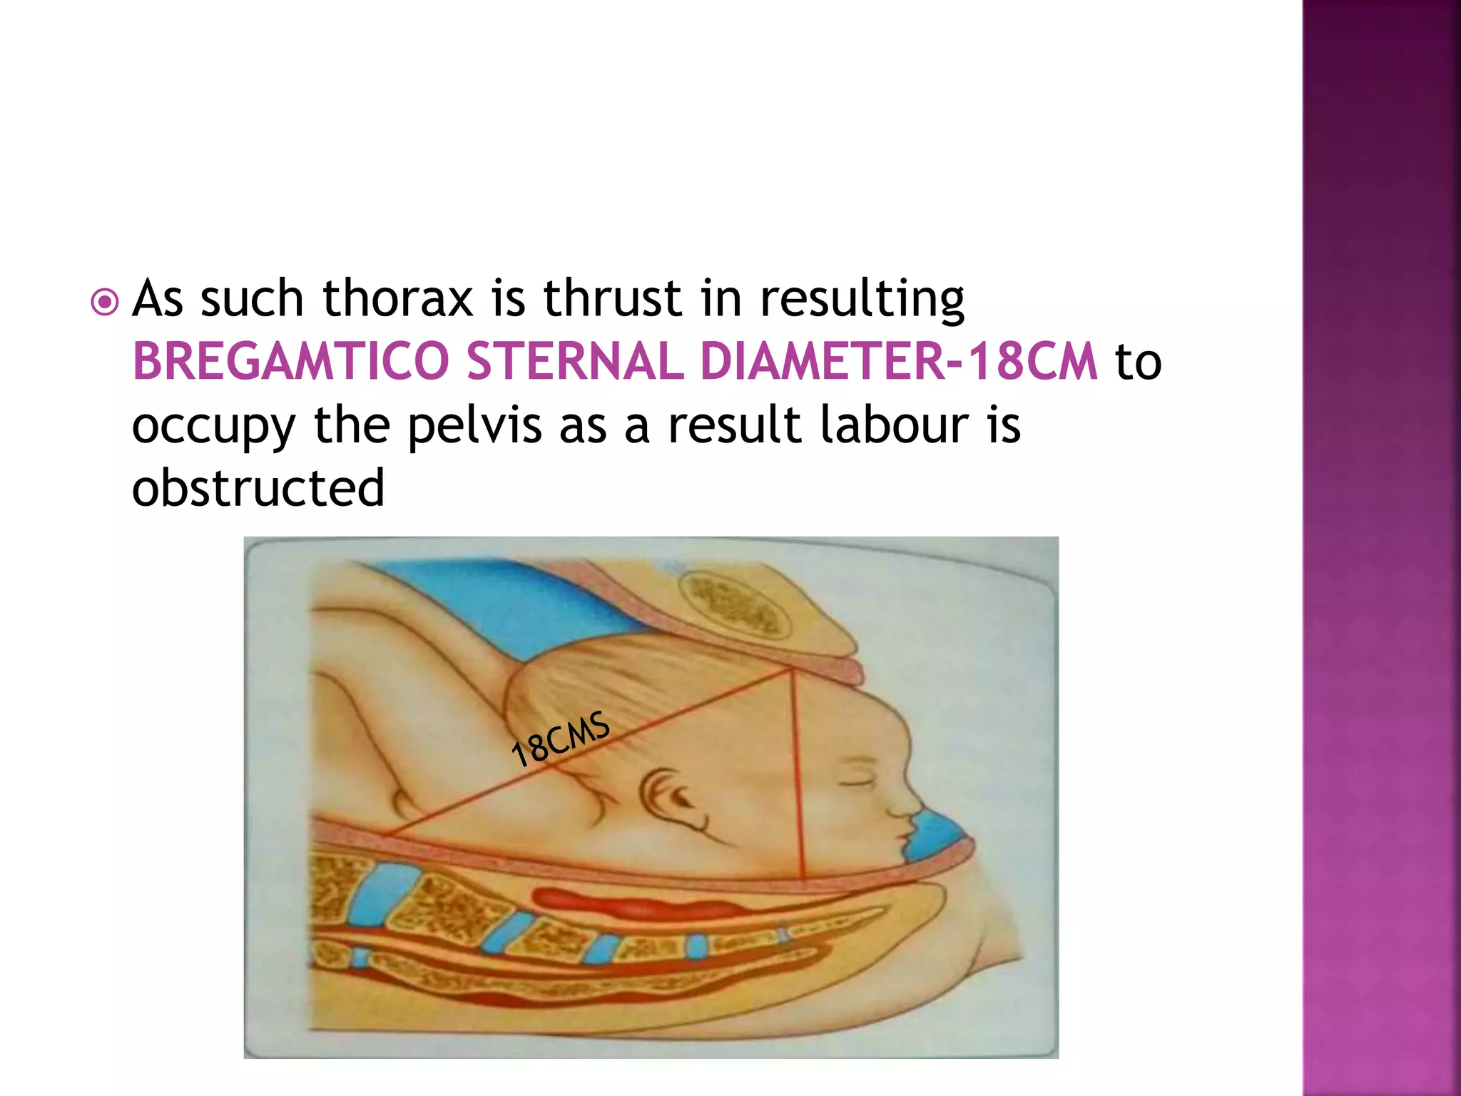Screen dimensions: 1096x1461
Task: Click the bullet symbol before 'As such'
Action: [x=105, y=303]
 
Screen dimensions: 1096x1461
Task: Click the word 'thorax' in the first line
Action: [x=398, y=298]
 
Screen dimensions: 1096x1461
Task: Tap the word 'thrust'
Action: [x=612, y=298]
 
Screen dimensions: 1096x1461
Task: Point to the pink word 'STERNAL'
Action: [x=575, y=361]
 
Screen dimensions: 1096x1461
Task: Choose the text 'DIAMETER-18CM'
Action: [x=899, y=361]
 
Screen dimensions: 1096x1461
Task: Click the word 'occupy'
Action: [x=213, y=427]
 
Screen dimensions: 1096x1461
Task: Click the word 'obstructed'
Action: [x=258, y=488]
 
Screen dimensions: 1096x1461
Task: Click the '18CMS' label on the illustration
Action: [x=561, y=739]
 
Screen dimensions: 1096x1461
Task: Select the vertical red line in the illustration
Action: [x=798, y=778]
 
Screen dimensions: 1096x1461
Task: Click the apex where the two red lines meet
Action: [x=791, y=669]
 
